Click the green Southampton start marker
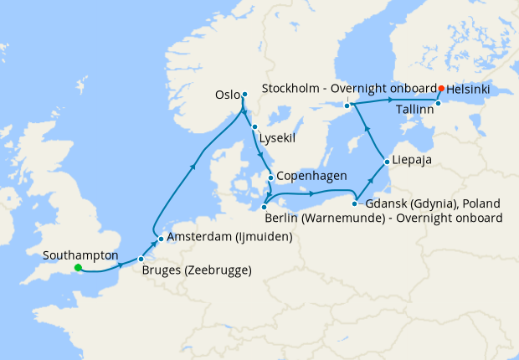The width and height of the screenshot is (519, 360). click(77, 268)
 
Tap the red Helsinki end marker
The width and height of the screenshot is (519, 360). click(441, 87)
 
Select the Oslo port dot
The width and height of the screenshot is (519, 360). click(244, 94)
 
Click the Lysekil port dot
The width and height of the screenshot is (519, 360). click(254, 126)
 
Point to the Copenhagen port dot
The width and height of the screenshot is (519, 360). click(270, 177)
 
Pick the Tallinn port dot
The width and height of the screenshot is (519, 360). click(438, 103)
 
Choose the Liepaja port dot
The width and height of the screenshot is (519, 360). click(386, 161)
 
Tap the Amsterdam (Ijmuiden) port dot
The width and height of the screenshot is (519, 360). click(161, 238)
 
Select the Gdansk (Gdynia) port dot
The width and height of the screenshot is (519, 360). click(356, 203)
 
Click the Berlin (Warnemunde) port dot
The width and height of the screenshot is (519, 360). click(264, 207)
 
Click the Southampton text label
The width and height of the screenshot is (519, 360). click(82, 255)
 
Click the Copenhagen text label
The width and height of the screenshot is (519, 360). click(311, 177)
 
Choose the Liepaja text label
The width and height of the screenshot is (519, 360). click(414, 161)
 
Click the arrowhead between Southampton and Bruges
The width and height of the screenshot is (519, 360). click(121, 265)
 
